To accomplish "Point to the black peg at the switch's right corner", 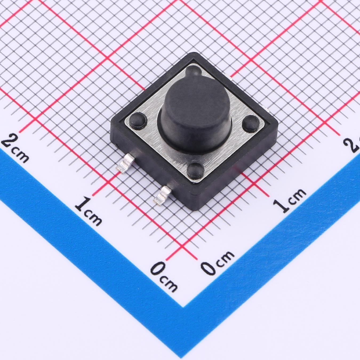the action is point(251,123).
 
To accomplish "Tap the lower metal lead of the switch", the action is point(162,194).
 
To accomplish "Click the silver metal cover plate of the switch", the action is point(194,123).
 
